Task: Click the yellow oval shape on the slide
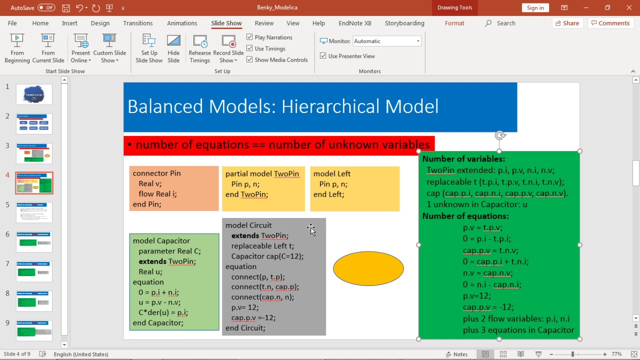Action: click(368, 268)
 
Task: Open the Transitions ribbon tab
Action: click(137, 23)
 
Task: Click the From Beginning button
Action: click(17, 48)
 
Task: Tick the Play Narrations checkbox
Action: click(250, 37)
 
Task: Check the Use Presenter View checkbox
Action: click(323, 56)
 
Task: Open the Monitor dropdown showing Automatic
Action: click(387, 41)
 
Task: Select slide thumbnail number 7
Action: click(34, 271)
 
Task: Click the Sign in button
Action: click(535, 7)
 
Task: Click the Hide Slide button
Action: click(173, 48)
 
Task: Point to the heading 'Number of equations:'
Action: click(465, 216)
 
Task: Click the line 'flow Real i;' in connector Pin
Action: click(158, 194)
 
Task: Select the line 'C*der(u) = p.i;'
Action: click(163, 312)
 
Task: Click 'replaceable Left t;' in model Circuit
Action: click(262, 246)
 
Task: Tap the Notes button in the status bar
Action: click(456, 354)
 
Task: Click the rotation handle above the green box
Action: click(499, 135)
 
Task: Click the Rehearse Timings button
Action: click(199, 48)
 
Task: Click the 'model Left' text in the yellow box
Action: click(332, 173)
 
